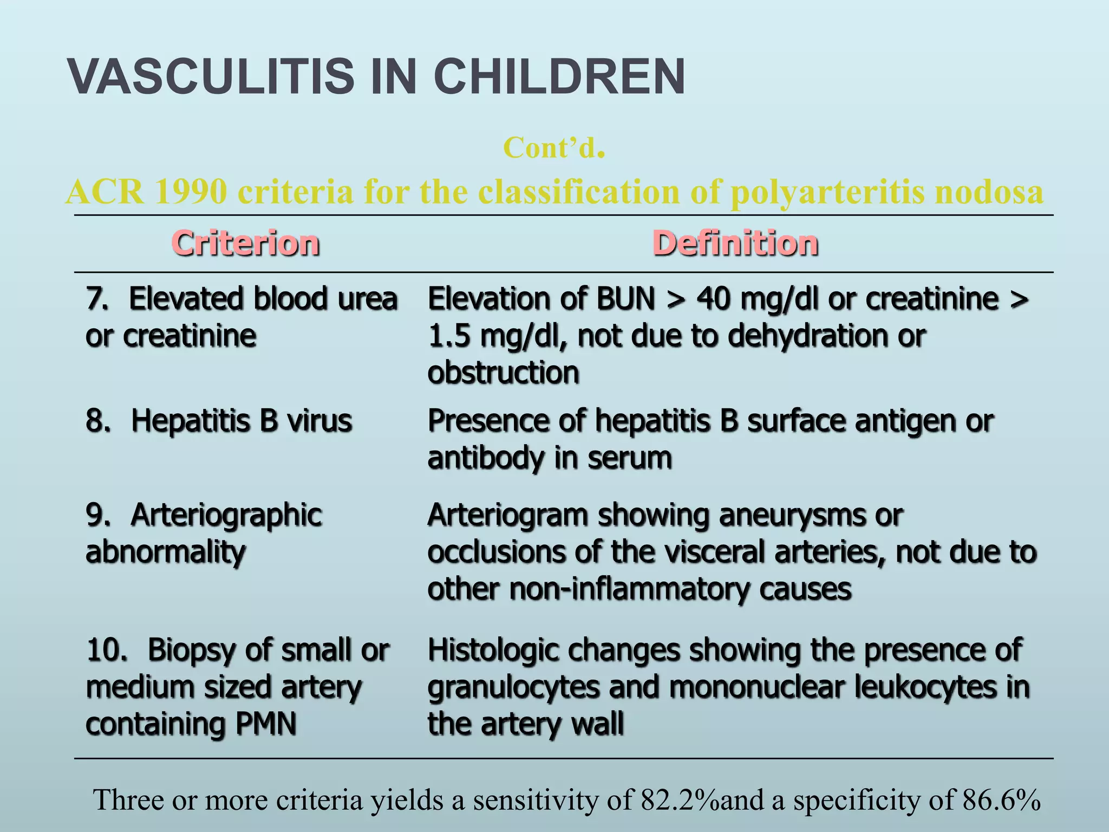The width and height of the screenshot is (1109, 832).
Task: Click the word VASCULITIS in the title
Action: pyautogui.click(x=211, y=76)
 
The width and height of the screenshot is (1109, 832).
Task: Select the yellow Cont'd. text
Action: pyautogui.click(x=553, y=148)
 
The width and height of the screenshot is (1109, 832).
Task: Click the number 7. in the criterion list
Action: pyautogui.click(x=97, y=298)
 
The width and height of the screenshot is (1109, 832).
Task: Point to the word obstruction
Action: pyautogui.click(x=503, y=373)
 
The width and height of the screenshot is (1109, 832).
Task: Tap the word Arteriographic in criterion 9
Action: pyautogui.click(x=226, y=515)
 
